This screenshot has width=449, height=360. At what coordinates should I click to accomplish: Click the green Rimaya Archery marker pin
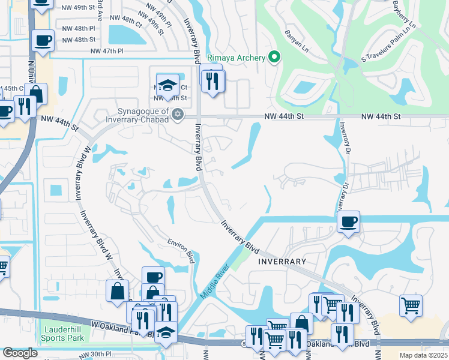tap(275, 58)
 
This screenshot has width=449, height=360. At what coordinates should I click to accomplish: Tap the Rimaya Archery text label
tap(236, 58)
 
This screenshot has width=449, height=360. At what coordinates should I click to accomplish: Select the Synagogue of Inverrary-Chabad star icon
tap(177, 114)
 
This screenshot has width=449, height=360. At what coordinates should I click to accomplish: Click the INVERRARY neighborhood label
tap(282, 262)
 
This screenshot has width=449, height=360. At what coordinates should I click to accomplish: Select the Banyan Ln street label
tap(297, 40)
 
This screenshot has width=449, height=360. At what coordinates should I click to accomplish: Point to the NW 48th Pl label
tap(79, 28)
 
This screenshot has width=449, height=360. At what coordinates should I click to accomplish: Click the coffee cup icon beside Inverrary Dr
tap(348, 222)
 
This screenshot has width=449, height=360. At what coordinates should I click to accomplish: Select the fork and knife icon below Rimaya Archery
tap(212, 81)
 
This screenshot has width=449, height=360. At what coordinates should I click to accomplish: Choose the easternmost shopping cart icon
tap(411, 305)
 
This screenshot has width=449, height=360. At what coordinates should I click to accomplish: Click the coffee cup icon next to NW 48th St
tap(43, 41)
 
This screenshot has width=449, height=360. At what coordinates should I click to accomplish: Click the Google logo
tap(20, 353)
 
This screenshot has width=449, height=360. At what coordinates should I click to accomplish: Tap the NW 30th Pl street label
tap(95, 355)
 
